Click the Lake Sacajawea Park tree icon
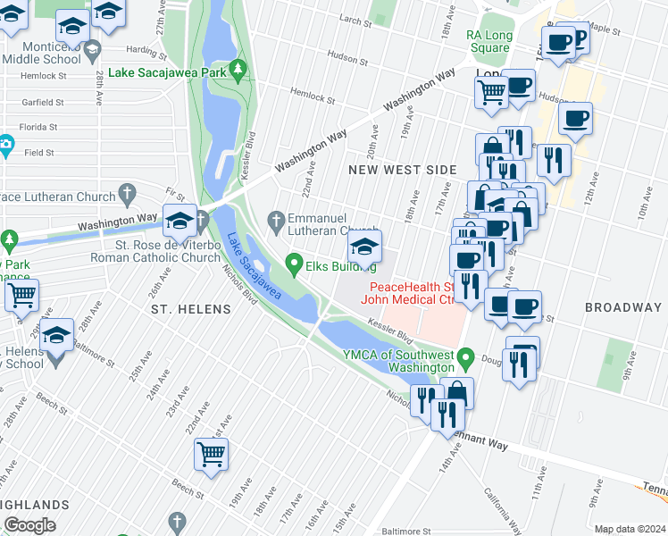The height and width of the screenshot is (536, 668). [237, 69]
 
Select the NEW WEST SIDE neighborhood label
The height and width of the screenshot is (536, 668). [402, 170]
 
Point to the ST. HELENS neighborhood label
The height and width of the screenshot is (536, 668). [190, 309]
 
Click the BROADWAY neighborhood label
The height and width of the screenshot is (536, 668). [622, 307]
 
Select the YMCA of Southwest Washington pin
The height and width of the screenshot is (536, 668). [464, 360]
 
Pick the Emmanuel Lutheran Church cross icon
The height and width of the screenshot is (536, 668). [277, 219]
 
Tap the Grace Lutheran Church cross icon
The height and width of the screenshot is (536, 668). [128, 194]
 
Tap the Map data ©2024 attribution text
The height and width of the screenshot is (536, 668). [629, 529]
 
